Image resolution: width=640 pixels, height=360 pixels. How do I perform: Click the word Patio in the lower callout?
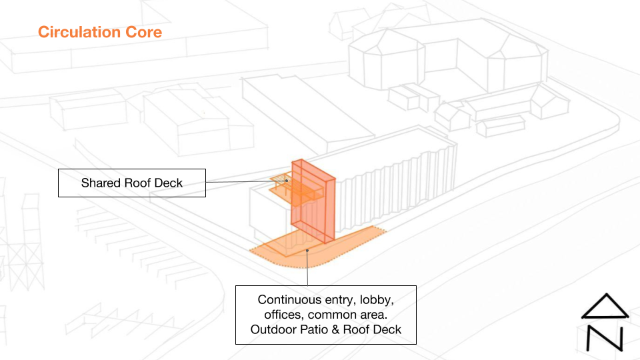tap(312, 329)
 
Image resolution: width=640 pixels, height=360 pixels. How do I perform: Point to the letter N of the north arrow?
tap(605, 338)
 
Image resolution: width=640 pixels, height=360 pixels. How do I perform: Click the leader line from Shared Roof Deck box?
tap(240, 182)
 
